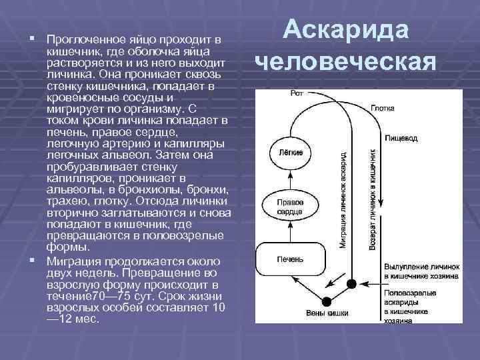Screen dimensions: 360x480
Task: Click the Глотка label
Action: coord(383,107)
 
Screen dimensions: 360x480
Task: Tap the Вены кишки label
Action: coord(326,313)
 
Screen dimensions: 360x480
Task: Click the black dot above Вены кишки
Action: coord(327,299)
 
